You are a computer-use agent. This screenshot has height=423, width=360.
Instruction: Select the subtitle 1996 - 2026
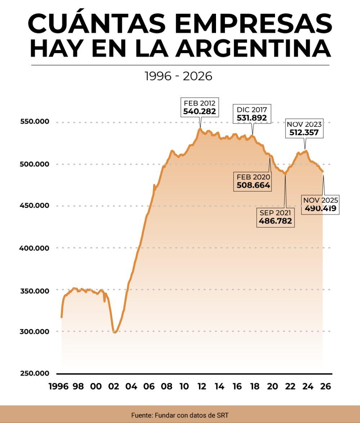[178, 76]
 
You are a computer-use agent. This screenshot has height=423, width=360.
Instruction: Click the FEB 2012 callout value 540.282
[199, 111]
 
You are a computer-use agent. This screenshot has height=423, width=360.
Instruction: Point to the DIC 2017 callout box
[252, 113]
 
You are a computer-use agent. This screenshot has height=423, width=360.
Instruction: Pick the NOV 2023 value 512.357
[304, 132]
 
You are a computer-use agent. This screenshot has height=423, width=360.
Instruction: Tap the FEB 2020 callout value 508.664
[253, 186]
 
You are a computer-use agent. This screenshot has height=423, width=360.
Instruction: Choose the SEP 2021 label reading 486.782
[275, 221]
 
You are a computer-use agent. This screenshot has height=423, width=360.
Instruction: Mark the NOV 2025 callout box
[320, 204]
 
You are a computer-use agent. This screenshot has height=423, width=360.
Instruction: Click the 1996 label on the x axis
[58, 386]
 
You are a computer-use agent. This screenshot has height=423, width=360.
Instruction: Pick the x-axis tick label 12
[202, 386]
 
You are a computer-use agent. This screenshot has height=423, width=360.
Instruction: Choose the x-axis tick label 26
[325, 386]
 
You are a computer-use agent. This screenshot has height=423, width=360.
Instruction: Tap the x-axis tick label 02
[113, 386]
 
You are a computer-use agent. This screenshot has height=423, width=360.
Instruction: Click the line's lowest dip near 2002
[115, 332]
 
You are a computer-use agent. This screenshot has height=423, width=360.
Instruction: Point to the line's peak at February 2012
[200, 129]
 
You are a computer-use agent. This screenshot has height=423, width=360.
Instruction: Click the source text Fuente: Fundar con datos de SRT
[180, 415]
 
